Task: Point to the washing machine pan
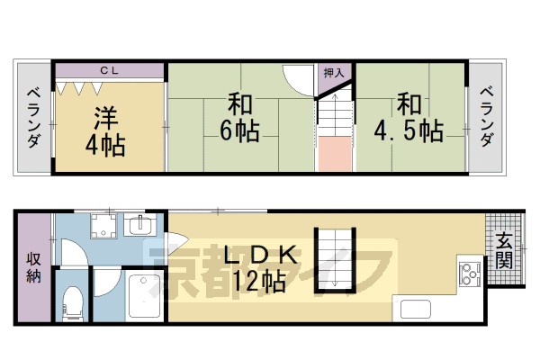103,229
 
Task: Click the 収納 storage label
33,268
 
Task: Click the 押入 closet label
332,72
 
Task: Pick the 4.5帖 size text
409,131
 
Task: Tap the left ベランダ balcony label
33,117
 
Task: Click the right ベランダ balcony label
486,117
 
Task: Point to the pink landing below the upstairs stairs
334,154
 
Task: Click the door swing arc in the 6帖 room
294,78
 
